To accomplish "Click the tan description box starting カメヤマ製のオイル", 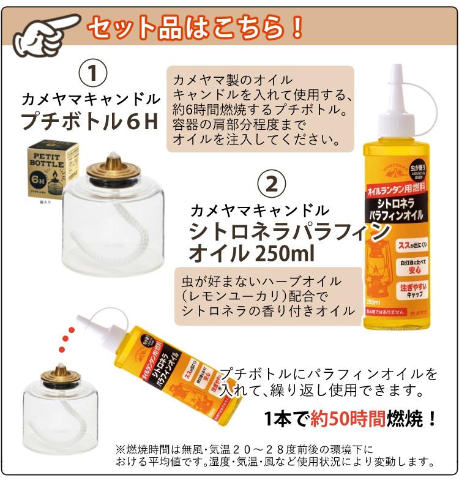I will pos(261,108).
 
